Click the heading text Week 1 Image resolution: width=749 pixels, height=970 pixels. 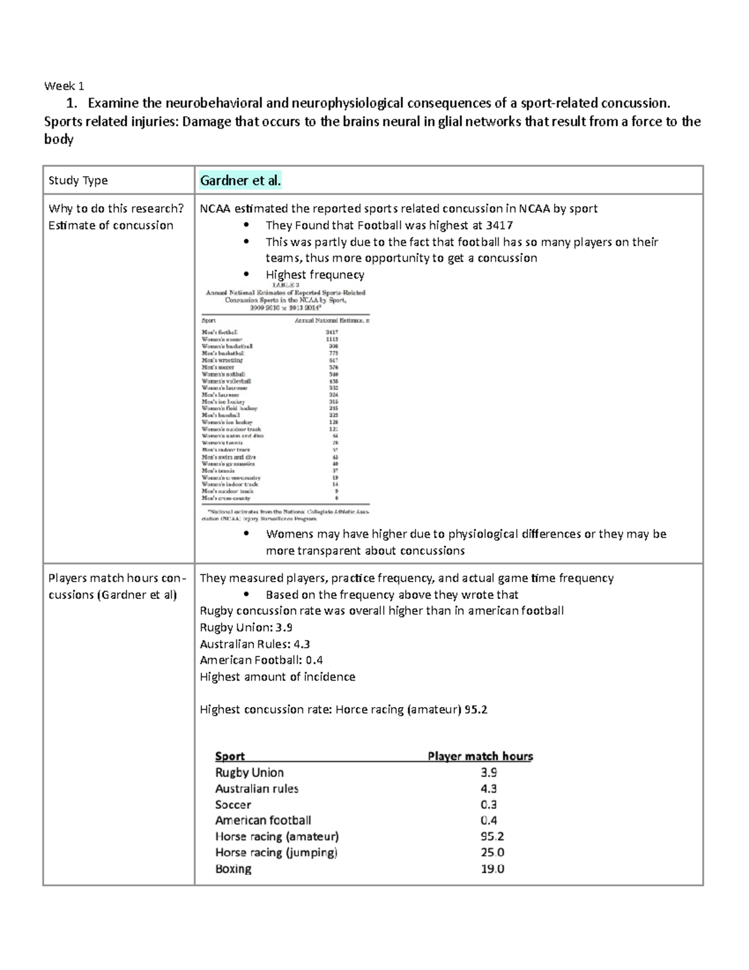[x=64, y=86]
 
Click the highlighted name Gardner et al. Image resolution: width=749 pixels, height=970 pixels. [x=240, y=181]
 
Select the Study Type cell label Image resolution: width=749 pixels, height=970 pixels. [x=78, y=181]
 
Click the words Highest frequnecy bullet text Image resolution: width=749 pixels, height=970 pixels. [x=315, y=275]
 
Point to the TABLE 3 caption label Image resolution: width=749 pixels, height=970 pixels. [x=285, y=285]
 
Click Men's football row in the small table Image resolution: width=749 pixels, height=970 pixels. [x=220, y=332]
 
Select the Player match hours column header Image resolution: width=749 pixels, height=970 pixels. [x=480, y=756]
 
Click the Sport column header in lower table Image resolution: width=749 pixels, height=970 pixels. [x=230, y=756]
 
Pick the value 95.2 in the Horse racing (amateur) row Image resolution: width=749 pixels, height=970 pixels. [x=492, y=836]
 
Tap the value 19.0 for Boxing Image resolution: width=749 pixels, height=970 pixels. [x=492, y=869]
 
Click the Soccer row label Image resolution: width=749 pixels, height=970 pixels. [x=233, y=805]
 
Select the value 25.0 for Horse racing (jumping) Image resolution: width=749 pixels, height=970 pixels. [x=492, y=853]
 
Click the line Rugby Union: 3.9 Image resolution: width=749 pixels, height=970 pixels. [x=246, y=628]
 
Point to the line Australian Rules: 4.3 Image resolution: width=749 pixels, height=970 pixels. [x=255, y=644]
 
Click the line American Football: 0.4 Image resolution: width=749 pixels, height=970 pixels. [x=261, y=660]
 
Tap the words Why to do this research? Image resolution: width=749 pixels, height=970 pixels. [x=116, y=209]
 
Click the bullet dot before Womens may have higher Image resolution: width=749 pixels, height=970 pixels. [x=247, y=534]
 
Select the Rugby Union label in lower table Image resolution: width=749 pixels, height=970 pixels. [x=249, y=773]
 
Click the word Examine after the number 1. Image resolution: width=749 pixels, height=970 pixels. [x=114, y=103]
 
